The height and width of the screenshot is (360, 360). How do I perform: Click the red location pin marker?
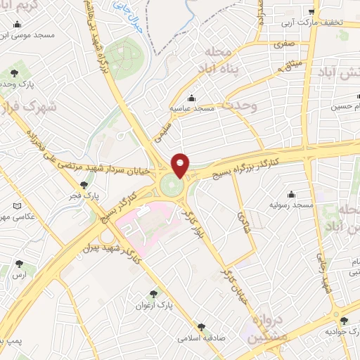[181, 165]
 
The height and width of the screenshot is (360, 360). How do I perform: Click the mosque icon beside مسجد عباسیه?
[191, 98]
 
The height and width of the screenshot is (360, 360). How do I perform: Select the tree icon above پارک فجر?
[83, 186]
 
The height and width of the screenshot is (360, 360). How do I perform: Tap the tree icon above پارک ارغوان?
[154, 294]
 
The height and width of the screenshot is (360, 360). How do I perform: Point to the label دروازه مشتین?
[266, 328]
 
